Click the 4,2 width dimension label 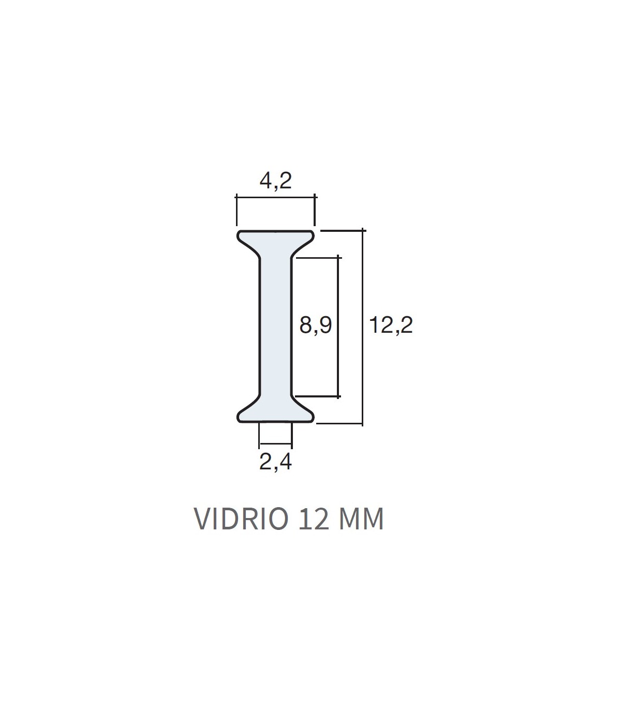click(275, 181)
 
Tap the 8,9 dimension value click(315, 325)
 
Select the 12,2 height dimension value click(391, 325)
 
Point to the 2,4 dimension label click(275, 462)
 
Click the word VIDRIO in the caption click(241, 519)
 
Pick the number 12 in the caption click(313, 519)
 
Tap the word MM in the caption click(361, 519)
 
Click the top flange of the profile click(275, 239)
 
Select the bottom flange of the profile click(275, 413)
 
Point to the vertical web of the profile click(275, 327)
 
